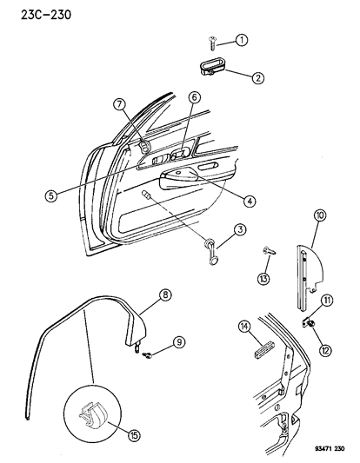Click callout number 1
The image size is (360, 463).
[243, 39]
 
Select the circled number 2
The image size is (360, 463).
[257, 77]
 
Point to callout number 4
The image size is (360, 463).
[250, 202]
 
